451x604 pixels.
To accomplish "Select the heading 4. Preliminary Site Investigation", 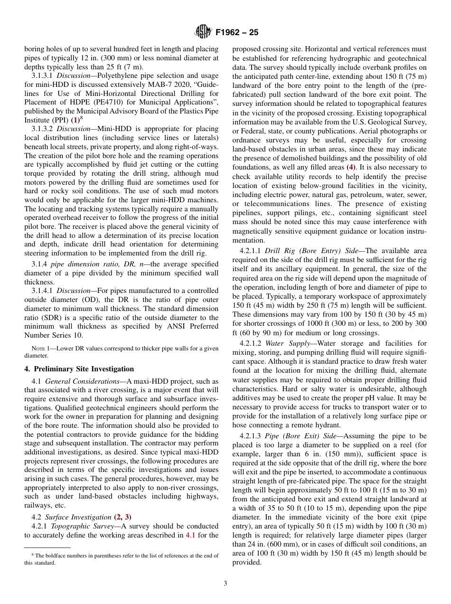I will [79, 369].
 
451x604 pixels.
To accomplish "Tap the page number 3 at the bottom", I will [225, 584].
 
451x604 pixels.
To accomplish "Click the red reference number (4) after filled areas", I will [351, 167].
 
